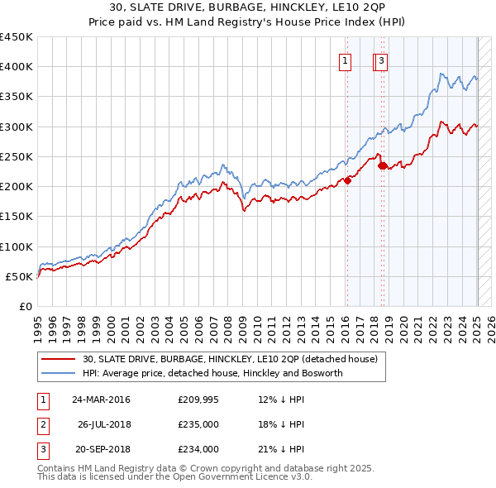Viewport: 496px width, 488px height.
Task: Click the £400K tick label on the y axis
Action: click(17, 67)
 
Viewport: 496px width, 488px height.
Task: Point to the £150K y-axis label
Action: click(17, 217)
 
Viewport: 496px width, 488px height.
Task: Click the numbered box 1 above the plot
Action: click(344, 60)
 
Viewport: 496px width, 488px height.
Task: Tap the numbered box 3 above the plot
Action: click(382, 60)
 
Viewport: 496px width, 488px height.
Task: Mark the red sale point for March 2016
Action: click(348, 180)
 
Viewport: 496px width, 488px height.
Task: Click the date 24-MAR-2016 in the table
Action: click(101, 399)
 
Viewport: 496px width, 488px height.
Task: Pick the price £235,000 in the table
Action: click(198, 424)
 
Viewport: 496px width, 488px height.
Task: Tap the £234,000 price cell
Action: click(198, 449)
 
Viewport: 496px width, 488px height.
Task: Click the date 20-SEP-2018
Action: click(101, 449)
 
